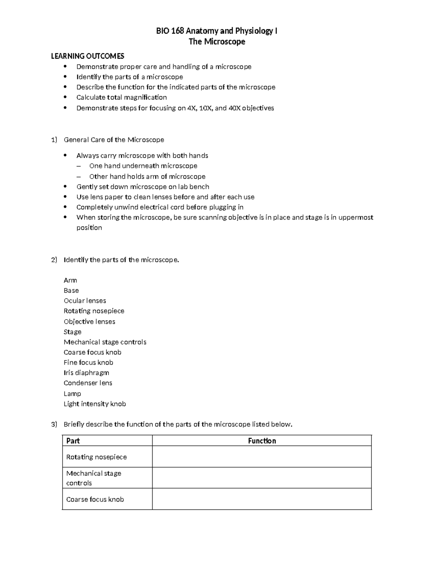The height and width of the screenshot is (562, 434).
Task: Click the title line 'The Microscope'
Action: [x=217, y=42]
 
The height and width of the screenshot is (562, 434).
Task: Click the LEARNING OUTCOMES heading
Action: [x=88, y=56]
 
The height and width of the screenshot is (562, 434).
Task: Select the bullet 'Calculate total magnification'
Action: [x=122, y=97]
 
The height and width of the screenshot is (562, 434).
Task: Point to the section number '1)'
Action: [x=54, y=140]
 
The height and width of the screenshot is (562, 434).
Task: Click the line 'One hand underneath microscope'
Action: [x=143, y=166]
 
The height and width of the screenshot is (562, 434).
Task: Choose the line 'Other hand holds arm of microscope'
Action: [x=147, y=177]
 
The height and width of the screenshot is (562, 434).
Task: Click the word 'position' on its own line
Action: [x=89, y=228]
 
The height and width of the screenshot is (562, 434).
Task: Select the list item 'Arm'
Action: [x=70, y=280]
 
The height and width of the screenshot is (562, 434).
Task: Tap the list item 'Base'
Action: [x=71, y=291]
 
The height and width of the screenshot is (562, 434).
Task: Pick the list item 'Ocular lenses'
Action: [x=85, y=301]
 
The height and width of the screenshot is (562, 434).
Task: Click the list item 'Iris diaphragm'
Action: [x=86, y=373]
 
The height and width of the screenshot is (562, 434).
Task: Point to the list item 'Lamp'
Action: [x=72, y=394]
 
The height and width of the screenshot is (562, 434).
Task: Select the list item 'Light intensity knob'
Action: [x=95, y=404]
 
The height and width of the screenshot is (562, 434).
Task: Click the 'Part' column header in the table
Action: [x=73, y=441]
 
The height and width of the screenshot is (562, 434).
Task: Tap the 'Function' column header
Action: [x=262, y=441]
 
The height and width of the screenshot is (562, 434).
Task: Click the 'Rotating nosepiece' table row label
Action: [x=97, y=457]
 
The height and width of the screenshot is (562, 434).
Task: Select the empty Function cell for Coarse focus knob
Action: [x=262, y=499]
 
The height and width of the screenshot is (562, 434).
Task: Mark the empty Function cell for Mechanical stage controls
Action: [x=262, y=478]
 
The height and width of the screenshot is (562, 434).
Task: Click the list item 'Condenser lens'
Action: [x=88, y=383]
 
